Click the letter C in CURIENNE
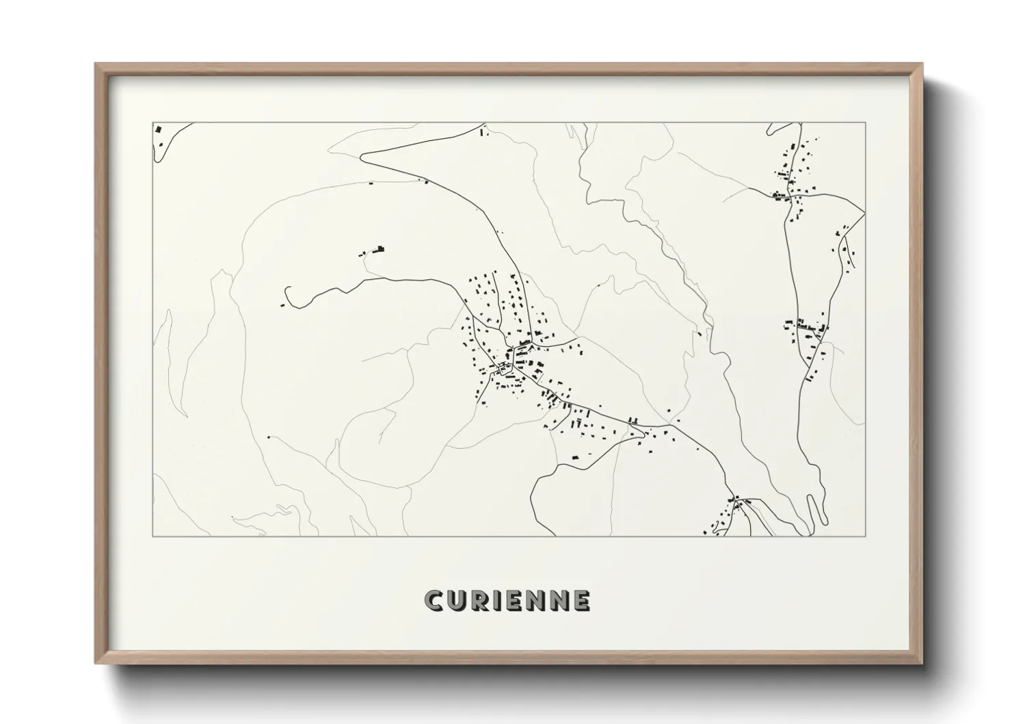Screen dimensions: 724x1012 coord(434,601)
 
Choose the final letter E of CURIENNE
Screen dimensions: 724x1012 coord(582,601)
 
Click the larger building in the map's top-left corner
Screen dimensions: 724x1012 coord(158,129)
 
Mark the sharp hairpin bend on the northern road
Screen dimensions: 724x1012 coord(362,155)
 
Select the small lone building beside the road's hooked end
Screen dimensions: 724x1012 coord(282,304)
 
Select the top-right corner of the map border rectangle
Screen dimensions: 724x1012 coord(866,122)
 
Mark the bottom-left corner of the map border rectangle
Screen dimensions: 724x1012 coord(152,536)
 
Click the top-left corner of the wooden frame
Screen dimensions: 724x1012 coord(96,64)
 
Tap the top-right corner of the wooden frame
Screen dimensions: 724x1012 coord(922,64)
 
